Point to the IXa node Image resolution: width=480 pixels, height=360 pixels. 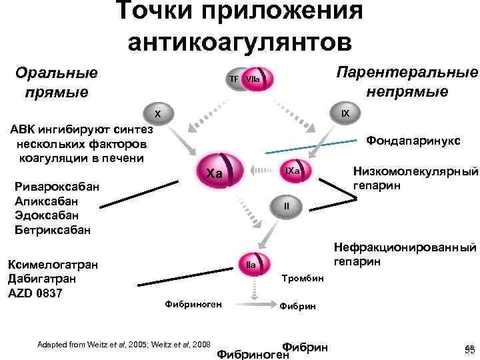[x=294, y=172]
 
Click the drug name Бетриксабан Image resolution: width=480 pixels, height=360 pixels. [x=53, y=230]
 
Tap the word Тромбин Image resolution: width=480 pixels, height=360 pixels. [x=303, y=277]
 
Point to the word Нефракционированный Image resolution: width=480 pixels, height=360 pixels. [x=413, y=248]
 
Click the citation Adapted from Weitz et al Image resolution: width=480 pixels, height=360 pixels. [x=124, y=344]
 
